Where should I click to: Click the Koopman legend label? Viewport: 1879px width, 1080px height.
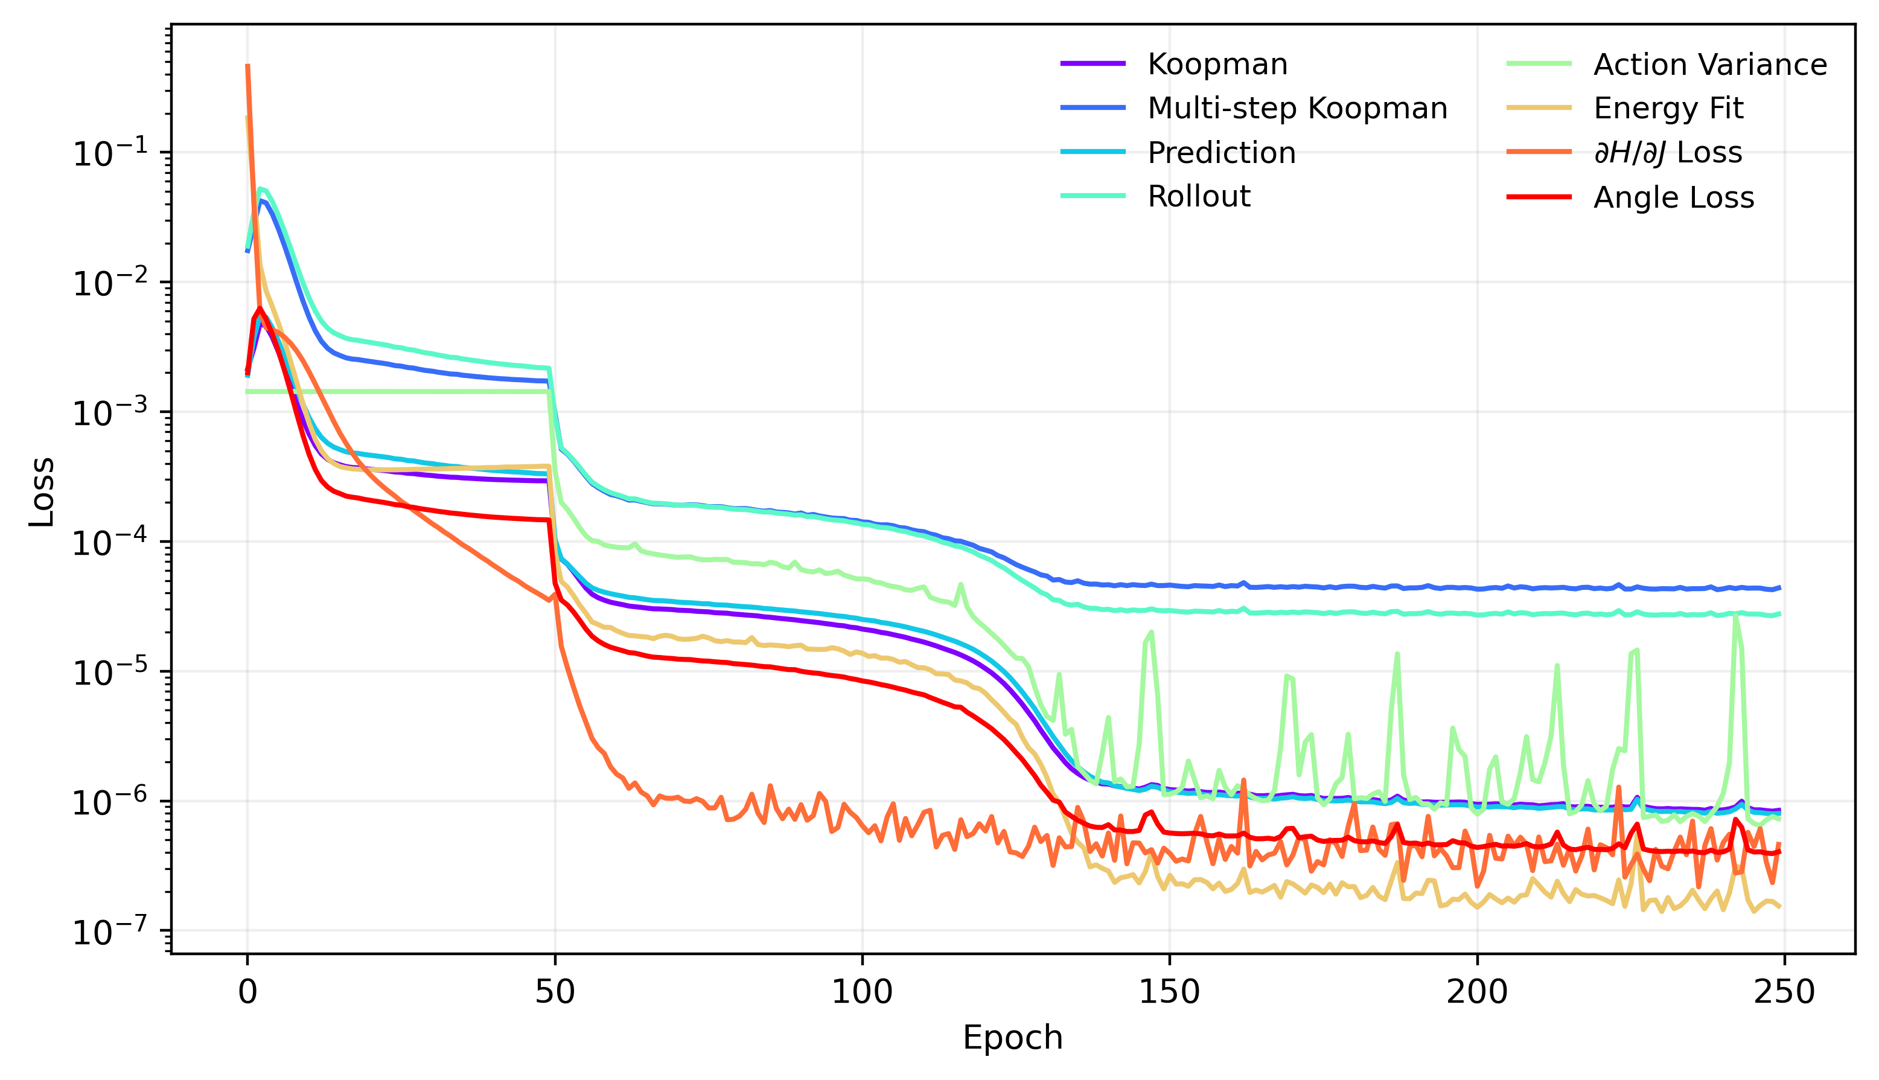coord(1217,65)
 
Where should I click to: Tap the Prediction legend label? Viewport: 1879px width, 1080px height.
coord(1221,153)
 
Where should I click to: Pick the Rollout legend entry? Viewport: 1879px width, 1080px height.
coord(1198,197)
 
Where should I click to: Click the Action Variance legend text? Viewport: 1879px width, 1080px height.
coord(1710,65)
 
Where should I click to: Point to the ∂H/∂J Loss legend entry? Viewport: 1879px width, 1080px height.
coord(1668,153)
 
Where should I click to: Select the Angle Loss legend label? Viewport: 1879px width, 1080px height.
coord(1674,197)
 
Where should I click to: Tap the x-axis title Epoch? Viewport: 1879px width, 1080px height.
coord(1012,1038)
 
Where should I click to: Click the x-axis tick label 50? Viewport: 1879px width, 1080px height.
coord(555,992)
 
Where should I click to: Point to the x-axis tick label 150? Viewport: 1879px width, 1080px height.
coord(1169,992)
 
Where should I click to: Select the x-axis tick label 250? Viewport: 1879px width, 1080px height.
coord(1784,992)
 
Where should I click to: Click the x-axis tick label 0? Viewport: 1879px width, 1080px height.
coord(247,992)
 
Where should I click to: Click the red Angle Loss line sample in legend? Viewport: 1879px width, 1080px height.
coord(1539,197)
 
